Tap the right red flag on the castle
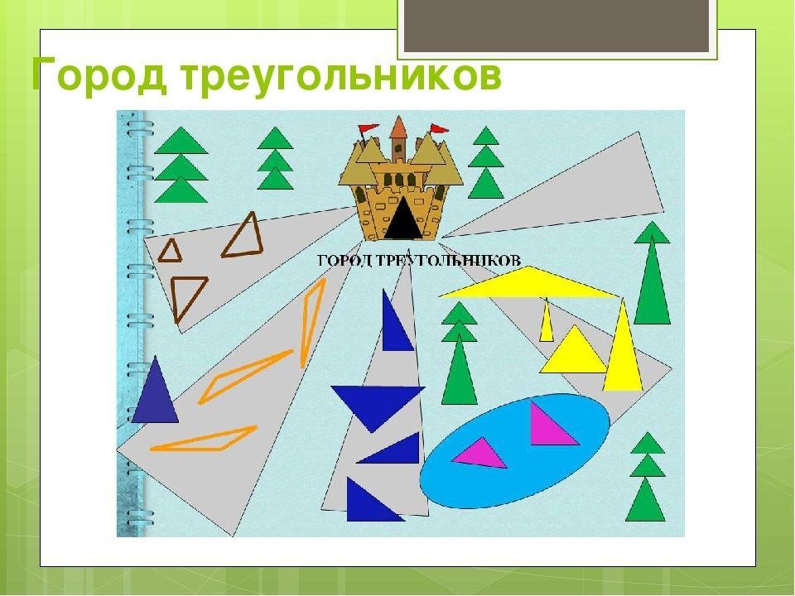pyautogui.click(x=439, y=128)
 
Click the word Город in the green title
pyautogui.click(x=99, y=76)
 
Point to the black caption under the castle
pyautogui.click(x=419, y=261)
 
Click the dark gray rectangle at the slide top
pyautogui.click(x=556, y=26)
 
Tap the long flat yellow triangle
pyautogui.click(x=529, y=284)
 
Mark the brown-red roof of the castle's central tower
pyautogui.click(x=398, y=127)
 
